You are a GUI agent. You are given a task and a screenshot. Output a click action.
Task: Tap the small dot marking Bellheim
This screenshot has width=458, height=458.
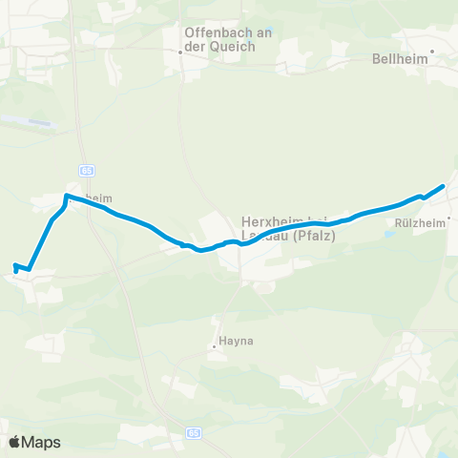(x=432, y=52)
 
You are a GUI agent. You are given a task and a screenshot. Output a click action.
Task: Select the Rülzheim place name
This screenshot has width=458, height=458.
(x=420, y=225)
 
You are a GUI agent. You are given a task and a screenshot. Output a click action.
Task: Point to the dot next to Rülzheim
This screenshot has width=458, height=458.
(x=449, y=218)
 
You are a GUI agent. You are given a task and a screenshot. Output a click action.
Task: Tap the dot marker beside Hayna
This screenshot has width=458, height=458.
(x=215, y=346)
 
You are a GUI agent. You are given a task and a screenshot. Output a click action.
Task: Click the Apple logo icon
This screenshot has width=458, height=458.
(x=16, y=442)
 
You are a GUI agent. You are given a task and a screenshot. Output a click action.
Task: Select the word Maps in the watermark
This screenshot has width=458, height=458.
(x=41, y=442)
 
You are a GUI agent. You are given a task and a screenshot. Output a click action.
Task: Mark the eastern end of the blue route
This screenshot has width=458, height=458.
(x=444, y=186)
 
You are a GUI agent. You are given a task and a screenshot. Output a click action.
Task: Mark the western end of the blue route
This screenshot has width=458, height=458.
(x=14, y=266)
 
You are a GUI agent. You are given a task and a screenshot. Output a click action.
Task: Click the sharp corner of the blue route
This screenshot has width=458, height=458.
(x=66, y=197)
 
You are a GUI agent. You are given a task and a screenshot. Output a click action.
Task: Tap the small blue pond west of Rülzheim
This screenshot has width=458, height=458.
(x=390, y=232)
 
